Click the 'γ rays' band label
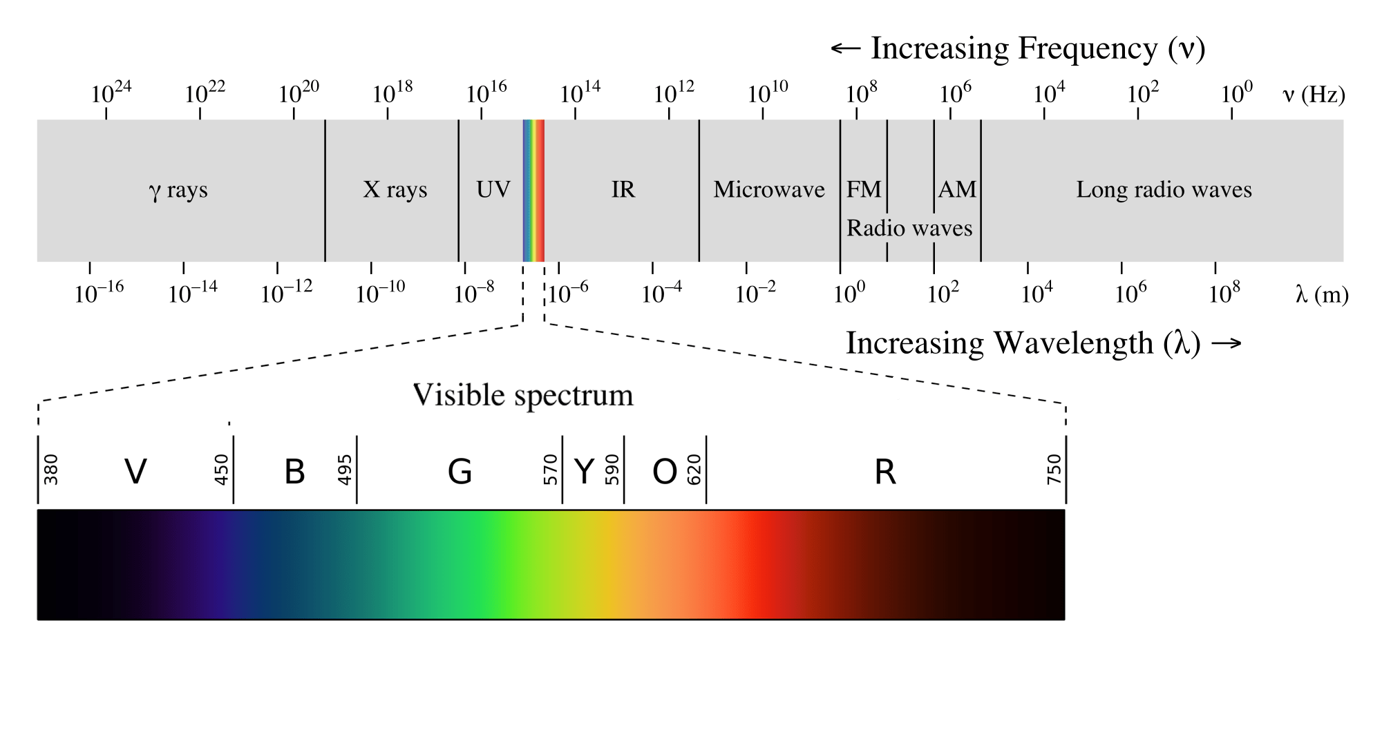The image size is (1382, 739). click(x=178, y=190)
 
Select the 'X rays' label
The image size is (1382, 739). click(x=395, y=189)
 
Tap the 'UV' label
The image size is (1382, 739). click(x=493, y=189)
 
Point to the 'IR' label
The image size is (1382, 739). click(x=623, y=189)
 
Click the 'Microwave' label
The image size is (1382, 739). click(x=769, y=189)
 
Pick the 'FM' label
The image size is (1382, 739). click(x=864, y=189)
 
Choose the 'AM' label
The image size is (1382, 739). click(x=957, y=189)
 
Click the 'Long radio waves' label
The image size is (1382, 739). click(x=1164, y=189)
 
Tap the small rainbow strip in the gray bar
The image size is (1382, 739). click(x=533, y=191)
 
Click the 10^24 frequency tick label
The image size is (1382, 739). click(x=111, y=93)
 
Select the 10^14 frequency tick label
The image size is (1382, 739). click(x=580, y=93)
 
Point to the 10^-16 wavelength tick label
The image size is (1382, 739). click(x=99, y=293)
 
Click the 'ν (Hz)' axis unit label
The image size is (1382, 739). click(x=1314, y=94)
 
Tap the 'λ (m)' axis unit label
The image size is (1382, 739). click(x=1322, y=295)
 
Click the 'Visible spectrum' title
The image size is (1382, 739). click(x=523, y=395)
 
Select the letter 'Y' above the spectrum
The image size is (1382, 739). click(x=584, y=472)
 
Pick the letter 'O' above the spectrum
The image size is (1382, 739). click(x=665, y=472)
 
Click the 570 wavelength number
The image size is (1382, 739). click(x=551, y=470)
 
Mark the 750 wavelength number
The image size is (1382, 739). click(x=1054, y=470)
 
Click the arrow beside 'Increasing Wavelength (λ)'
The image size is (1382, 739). click(x=1227, y=343)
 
